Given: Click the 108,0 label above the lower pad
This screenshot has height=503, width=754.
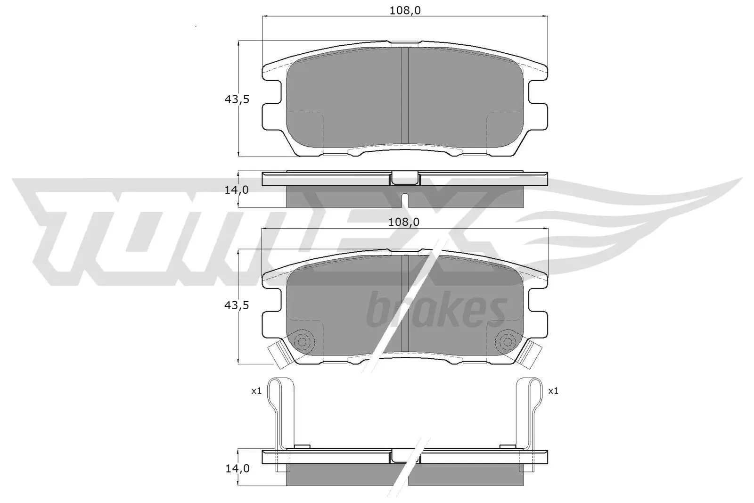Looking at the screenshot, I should pyautogui.click(x=403, y=222).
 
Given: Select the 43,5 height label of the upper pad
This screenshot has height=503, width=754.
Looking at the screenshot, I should pyautogui.click(x=236, y=99).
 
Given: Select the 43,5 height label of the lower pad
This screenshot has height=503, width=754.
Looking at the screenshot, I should pyautogui.click(x=236, y=305).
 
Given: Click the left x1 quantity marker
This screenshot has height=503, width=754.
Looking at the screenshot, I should pyautogui.click(x=256, y=391).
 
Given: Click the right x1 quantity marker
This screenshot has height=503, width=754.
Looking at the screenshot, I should pyautogui.click(x=553, y=391).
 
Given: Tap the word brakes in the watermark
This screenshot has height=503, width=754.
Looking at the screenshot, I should pyautogui.click(x=435, y=310).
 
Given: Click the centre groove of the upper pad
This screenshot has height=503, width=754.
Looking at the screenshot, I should pyautogui.click(x=404, y=94).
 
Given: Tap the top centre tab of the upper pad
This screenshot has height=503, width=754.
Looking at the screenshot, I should pyautogui.click(x=404, y=44).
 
